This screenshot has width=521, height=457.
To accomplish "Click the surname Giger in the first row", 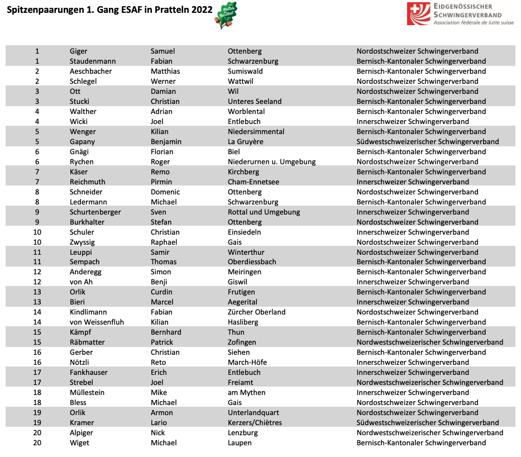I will tap(79, 51).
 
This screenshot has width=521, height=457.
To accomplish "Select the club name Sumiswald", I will tap(245, 72).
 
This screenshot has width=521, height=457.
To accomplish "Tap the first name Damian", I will tap(163, 92).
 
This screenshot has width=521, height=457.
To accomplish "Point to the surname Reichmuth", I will tap(88, 182).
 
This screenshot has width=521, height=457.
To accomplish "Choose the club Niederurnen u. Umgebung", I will tap(271, 162).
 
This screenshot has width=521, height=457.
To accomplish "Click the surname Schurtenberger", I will tap(95, 212).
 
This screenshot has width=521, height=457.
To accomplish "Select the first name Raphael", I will tap(164, 242).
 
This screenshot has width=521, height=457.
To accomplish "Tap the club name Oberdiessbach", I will tap(252, 262).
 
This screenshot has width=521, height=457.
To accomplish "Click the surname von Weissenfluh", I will tap(97, 322).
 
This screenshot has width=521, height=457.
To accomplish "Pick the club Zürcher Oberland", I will tap(256, 312).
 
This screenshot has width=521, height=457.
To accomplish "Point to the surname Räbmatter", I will tap(87, 342).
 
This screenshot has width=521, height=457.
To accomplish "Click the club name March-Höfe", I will tap(247, 363).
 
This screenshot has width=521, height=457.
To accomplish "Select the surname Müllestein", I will tap(87, 393).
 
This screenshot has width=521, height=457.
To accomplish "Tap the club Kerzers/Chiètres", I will tap(255, 423).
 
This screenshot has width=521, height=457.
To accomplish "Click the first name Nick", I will tap(158, 433).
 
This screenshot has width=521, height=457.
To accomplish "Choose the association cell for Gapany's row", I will tap(428, 142).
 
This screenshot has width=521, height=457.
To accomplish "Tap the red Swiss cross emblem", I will tap(418, 13).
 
